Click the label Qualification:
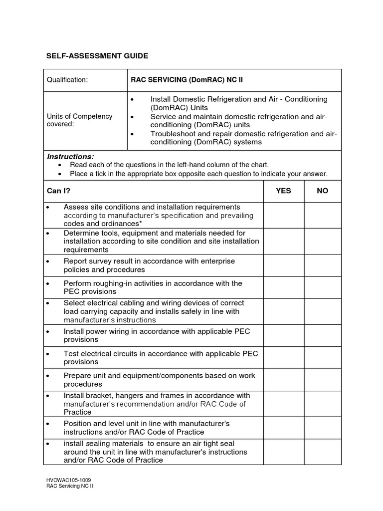(67, 80)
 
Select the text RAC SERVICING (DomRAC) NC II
(187, 80)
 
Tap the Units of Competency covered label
(80, 120)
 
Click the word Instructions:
(70, 157)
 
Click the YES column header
(283, 191)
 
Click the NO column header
(322, 191)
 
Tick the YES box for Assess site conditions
(283, 215)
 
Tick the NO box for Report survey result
(322, 265)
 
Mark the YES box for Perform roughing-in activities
(283, 287)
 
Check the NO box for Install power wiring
(322, 335)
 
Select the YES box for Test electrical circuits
(283, 358)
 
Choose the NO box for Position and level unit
(322, 428)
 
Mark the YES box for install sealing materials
(283, 452)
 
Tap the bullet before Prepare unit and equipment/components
(48, 376)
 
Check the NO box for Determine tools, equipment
(322, 241)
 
